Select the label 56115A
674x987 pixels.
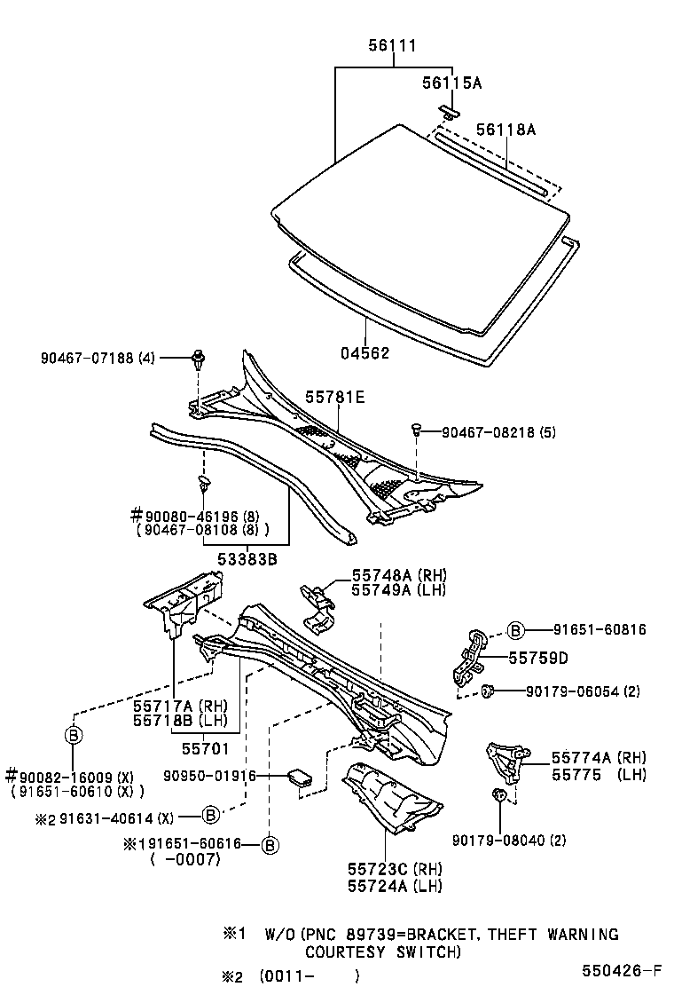pos(452,83)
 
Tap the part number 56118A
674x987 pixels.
pos(505,130)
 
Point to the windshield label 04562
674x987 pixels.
pos(364,352)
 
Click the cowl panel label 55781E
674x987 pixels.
pos(335,398)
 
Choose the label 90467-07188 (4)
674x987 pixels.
pos(98,359)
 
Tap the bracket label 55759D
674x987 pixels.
pos(537,658)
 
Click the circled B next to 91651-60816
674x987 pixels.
pos(517,630)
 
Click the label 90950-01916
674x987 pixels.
pos(209,776)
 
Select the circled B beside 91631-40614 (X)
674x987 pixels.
pos(210,815)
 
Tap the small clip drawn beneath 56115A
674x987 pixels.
pos(450,111)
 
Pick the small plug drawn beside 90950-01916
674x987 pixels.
pos(300,778)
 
